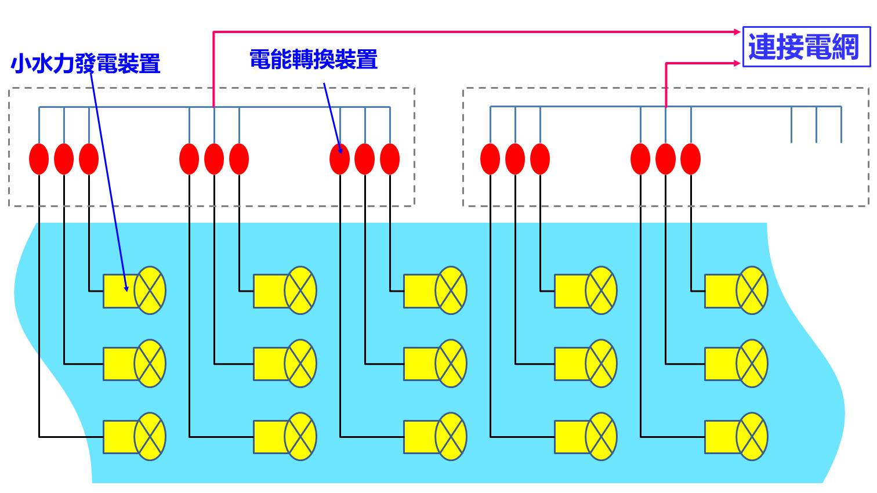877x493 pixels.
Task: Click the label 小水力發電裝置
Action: click(85, 63)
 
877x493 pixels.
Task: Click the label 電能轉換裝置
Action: click(314, 59)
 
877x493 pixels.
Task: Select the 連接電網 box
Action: click(806, 46)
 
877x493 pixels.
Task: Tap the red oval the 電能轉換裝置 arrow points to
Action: click(339, 159)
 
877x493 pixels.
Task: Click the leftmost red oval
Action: click(39, 159)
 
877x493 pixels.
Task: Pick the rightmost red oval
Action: click(691, 159)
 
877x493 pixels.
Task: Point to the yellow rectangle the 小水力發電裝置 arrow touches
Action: click(120, 291)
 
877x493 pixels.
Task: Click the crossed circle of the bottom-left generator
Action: click(150, 437)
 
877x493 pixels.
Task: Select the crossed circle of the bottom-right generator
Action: click(752, 437)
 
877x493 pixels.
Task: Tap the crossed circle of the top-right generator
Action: click(752, 291)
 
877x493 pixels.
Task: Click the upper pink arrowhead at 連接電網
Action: click(737, 32)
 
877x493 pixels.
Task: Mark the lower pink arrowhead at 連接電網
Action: click(737, 63)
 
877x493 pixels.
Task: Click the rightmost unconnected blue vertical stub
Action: click(842, 125)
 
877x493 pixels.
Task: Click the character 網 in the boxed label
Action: click(846, 47)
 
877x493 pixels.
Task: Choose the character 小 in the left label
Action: click(20, 64)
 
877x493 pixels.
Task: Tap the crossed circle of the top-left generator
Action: click(150, 291)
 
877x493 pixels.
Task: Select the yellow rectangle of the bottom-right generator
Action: click(721, 437)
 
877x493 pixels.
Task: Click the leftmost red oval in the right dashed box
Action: click(490, 159)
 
